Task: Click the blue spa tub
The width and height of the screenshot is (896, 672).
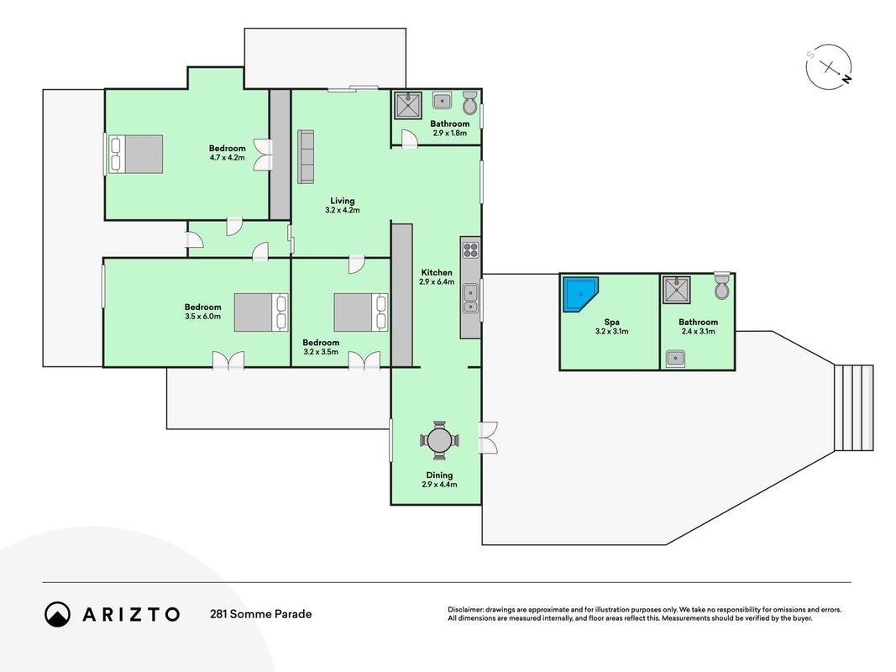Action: coord(580,294)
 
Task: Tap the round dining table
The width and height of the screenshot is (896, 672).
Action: coord(439,440)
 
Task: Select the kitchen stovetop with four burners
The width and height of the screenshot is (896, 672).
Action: coord(471,249)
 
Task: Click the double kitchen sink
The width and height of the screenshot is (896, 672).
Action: coord(471,298)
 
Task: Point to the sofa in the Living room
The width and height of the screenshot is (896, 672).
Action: coord(306,157)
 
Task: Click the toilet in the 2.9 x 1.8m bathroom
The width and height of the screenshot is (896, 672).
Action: coord(469,102)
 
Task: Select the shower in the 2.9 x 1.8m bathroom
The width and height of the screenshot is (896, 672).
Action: coord(408,106)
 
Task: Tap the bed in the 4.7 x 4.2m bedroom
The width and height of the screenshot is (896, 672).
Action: coord(136,154)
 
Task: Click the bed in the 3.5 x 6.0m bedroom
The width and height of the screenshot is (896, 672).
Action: coord(261,312)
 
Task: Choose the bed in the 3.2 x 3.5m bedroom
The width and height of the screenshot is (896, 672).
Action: coord(361,312)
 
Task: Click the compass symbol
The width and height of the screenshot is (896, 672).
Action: coord(829,67)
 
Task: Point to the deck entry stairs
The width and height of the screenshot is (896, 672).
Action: coord(854,408)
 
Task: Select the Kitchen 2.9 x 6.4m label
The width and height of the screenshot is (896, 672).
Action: coord(438,277)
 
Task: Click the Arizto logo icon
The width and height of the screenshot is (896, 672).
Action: coord(58,614)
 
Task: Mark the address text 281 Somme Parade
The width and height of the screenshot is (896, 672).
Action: coord(260,614)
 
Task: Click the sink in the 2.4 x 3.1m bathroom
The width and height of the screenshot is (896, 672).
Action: coord(675,359)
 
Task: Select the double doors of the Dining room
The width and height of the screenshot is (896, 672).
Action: coord(489,438)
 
